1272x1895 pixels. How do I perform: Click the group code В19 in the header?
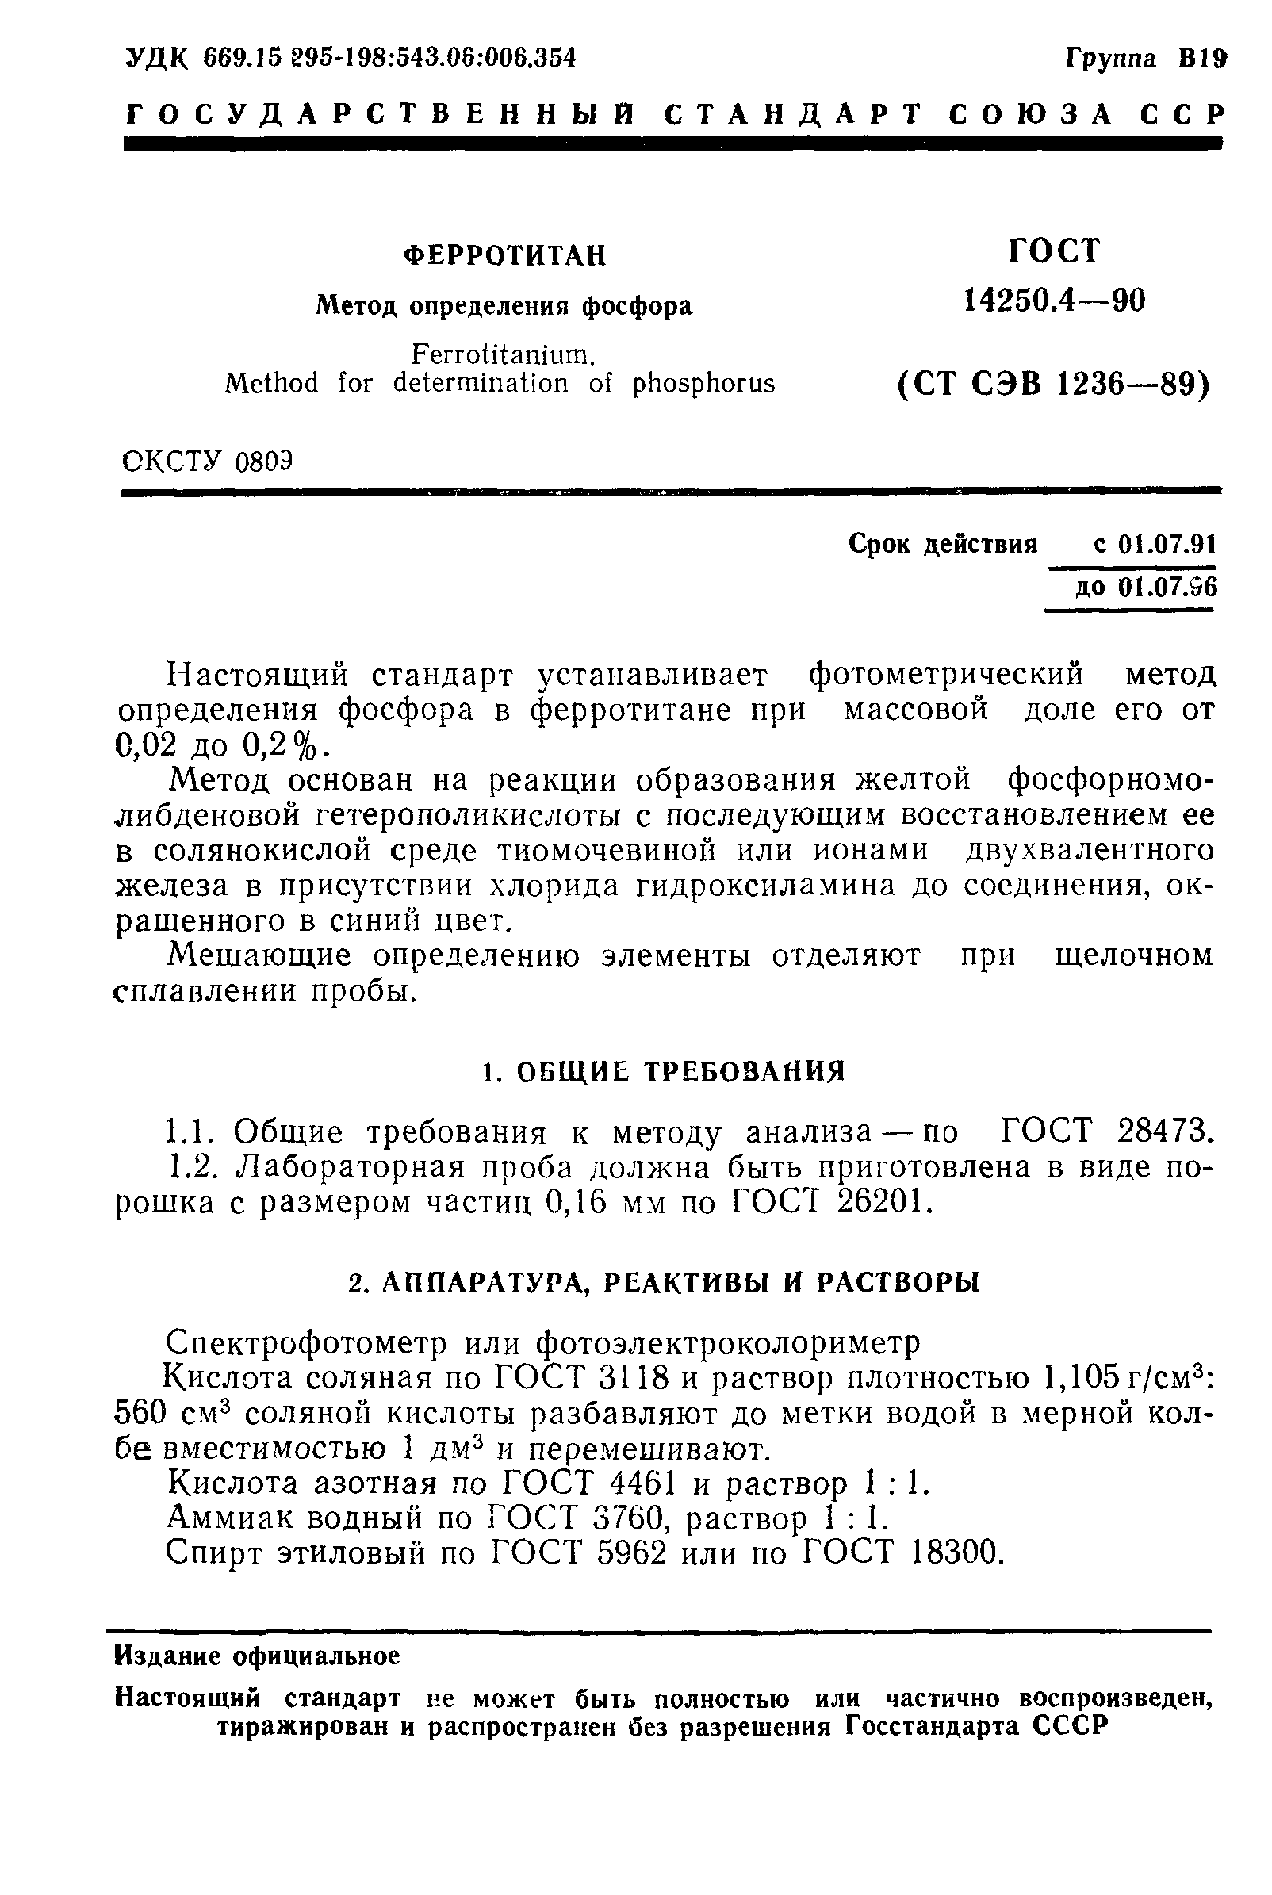click(1202, 59)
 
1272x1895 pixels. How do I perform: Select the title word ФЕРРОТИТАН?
click(504, 256)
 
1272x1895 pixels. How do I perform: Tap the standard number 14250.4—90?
click(1054, 301)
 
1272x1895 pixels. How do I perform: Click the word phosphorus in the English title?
click(703, 383)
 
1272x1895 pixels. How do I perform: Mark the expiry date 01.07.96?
click(1166, 586)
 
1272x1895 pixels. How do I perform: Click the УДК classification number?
click(389, 59)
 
